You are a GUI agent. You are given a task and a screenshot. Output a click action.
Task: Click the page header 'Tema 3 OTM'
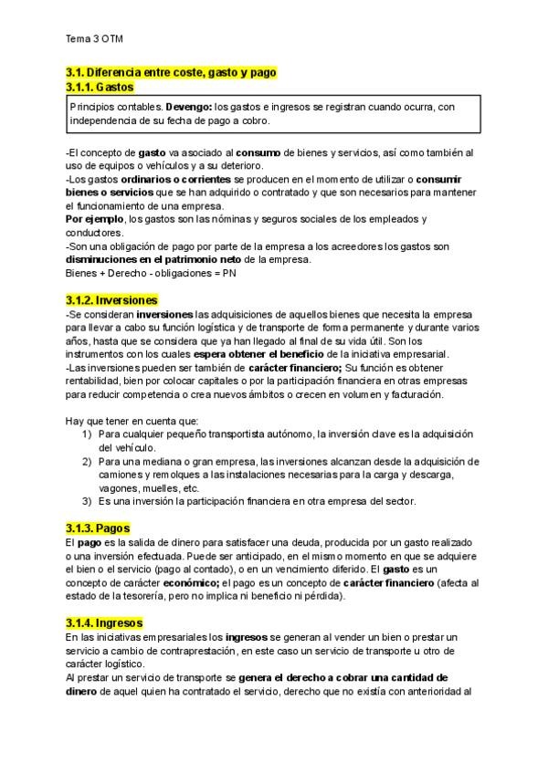coord(94,39)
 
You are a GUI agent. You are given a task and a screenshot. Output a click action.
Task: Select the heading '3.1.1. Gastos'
coord(100,87)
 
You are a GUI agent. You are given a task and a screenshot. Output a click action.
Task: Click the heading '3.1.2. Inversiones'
coord(111,299)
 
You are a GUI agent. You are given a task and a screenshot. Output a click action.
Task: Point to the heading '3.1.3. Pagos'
coord(98,528)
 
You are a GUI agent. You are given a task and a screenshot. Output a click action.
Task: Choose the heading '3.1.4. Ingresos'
coord(105,622)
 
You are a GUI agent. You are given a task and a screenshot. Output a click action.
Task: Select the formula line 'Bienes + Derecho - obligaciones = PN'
coord(145,272)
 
